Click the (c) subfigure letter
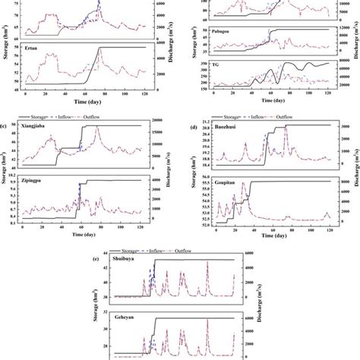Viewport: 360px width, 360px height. (8, 124)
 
